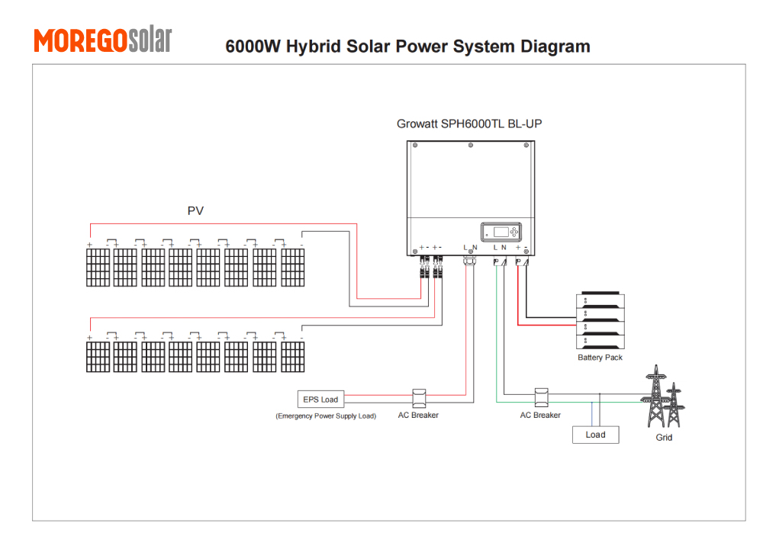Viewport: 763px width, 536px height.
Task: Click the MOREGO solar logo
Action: point(103,40)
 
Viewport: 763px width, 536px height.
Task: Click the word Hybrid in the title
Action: point(312,47)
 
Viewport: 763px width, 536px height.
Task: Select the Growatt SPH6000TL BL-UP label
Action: point(469,124)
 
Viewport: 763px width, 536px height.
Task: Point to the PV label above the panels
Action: point(195,210)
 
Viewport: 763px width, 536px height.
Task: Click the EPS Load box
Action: point(320,399)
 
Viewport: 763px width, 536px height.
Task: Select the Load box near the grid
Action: point(595,435)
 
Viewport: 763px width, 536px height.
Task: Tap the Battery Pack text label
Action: point(600,358)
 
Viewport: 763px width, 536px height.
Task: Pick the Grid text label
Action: point(664,438)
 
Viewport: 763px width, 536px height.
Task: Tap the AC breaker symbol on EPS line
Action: point(418,398)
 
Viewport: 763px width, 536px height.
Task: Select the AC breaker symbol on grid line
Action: point(541,397)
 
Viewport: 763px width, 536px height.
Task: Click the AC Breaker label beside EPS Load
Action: point(418,416)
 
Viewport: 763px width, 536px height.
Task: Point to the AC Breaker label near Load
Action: point(540,416)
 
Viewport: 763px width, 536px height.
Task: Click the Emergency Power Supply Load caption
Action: point(326,416)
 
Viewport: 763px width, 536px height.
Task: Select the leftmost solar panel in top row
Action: point(98,268)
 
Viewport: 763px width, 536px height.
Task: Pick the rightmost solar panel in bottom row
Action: point(293,357)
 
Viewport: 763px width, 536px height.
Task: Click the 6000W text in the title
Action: point(253,47)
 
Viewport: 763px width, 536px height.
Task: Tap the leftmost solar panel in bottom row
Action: point(98,357)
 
